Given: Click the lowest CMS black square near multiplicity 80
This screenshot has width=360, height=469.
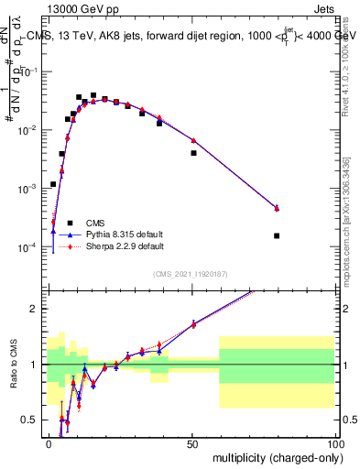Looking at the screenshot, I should tap(277, 235).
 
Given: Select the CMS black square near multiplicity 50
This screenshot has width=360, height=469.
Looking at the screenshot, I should tap(193, 153).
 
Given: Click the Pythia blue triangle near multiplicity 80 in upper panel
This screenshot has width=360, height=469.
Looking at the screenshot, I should tap(277, 208).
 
